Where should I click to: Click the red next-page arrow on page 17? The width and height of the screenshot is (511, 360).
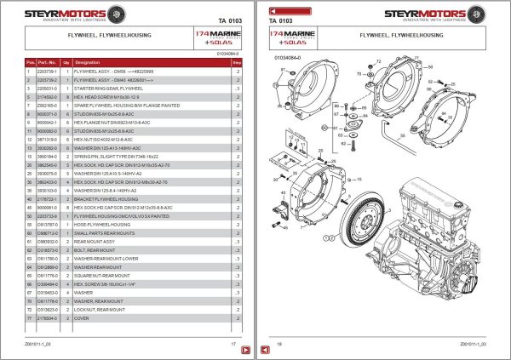(x=244, y=350)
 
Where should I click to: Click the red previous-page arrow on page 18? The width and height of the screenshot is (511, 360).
(x=267, y=350)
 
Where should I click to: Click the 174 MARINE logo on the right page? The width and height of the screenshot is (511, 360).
(x=289, y=36)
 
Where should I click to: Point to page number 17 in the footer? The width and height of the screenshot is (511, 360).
(x=233, y=343)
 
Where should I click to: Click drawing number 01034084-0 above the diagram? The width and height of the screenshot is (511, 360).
(x=287, y=60)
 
